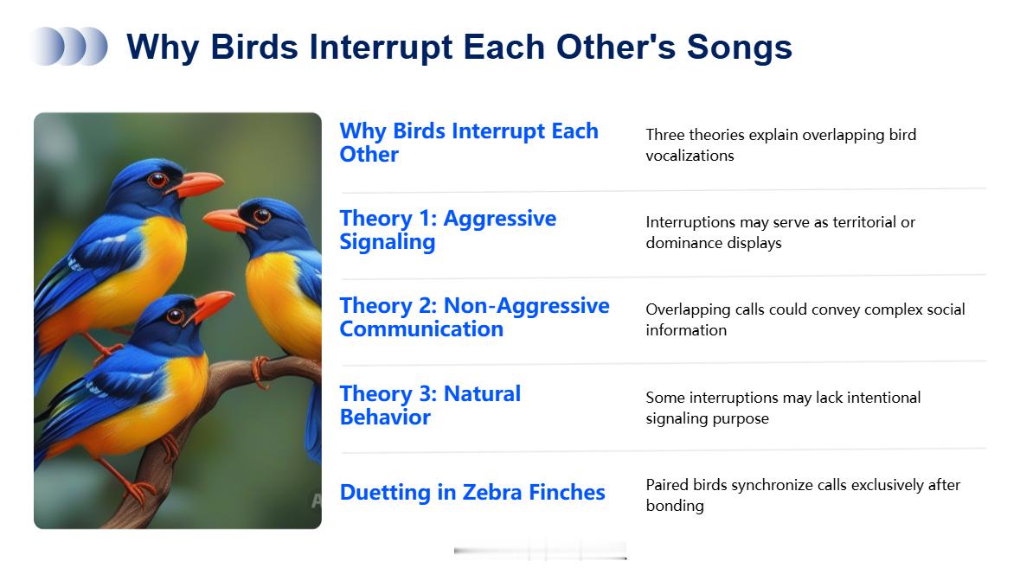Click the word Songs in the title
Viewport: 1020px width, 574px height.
click(740, 48)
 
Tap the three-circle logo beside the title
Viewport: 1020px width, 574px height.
click(69, 46)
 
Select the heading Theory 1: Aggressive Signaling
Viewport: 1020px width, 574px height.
click(447, 229)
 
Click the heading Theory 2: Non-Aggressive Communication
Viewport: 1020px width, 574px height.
click(474, 317)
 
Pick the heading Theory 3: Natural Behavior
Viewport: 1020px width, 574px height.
click(430, 405)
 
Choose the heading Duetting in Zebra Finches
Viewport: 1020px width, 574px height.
click(472, 492)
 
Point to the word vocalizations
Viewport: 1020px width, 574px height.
click(690, 156)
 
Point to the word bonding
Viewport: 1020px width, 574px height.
click(675, 506)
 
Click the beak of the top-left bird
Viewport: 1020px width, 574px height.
click(195, 185)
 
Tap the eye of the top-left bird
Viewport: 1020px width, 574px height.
click(157, 180)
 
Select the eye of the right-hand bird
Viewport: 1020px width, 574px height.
click(261, 215)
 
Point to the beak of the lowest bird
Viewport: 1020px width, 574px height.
click(210, 306)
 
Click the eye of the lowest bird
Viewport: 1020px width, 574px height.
click(175, 316)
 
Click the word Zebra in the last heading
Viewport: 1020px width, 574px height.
click(491, 492)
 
